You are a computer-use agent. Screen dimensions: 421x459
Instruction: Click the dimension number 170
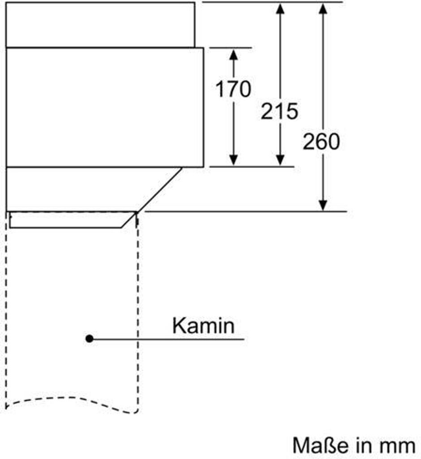(x=233, y=89)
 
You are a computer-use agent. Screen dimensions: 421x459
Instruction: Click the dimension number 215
(x=279, y=111)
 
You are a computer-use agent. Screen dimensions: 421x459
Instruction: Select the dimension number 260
(x=321, y=142)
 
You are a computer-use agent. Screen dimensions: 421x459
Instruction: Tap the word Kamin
(x=203, y=326)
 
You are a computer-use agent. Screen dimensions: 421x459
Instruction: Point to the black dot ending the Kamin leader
(x=90, y=339)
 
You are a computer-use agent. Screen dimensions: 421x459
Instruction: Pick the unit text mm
(x=398, y=446)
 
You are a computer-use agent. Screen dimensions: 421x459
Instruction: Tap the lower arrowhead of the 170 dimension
(x=233, y=160)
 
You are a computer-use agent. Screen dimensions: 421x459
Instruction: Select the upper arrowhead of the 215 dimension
(x=280, y=8)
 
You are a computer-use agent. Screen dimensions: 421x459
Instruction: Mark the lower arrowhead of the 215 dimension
(x=280, y=160)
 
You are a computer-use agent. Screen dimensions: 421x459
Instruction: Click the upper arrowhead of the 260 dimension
(x=323, y=8)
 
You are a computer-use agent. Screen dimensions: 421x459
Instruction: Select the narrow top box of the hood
(x=100, y=24)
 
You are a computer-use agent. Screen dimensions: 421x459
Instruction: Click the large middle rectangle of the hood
(x=105, y=107)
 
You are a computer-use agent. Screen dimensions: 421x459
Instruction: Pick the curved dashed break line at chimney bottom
(x=67, y=400)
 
